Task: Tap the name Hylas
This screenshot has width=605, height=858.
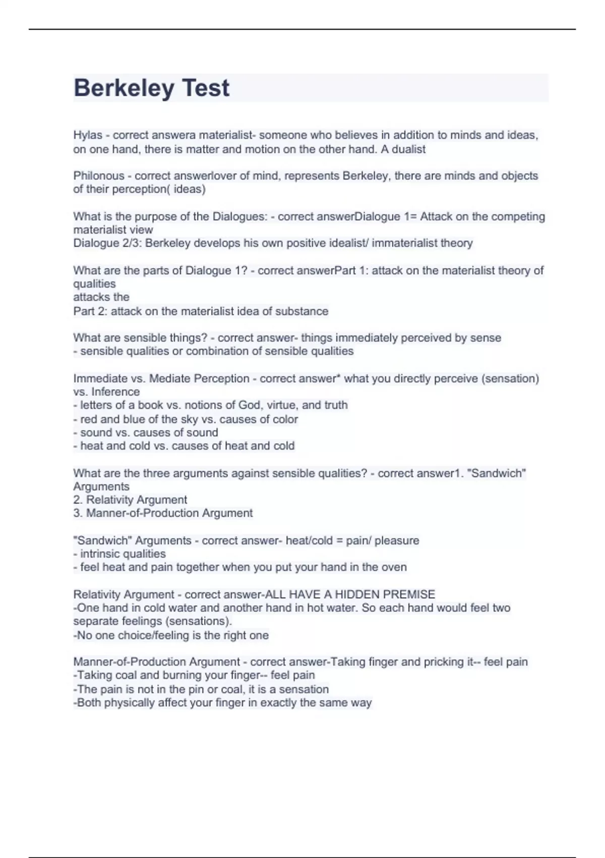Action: point(88,135)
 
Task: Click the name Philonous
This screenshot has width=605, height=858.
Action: point(99,176)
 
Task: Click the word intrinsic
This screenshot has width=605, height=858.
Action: point(102,554)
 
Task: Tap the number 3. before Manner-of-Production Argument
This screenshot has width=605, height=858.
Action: point(78,513)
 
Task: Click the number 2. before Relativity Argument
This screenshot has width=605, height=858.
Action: point(78,500)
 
